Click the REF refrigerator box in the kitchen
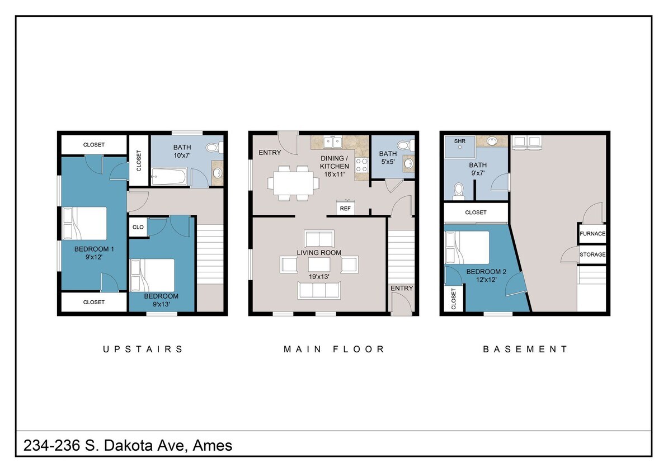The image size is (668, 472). [x=345, y=208]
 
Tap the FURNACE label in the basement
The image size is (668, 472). [x=592, y=233]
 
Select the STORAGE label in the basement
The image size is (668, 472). [x=592, y=254]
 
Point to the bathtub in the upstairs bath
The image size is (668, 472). [x=169, y=176]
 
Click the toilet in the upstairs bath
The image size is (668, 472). [x=213, y=148]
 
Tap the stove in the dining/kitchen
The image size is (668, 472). [x=361, y=165]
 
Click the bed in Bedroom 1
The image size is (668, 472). [x=85, y=223]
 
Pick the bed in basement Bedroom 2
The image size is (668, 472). [x=467, y=248]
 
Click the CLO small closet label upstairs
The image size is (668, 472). [x=138, y=227]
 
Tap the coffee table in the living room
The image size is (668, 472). [x=319, y=265]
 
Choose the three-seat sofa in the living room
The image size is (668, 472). [x=319, y=290]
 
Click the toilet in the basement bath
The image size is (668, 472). [x=459, y=191]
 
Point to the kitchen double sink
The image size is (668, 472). [x=333, y=141]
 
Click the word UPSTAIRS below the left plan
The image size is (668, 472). [x=143, y=350]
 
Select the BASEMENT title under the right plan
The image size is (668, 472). [x=525, y=350]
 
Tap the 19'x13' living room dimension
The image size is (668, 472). [x=319, y=276]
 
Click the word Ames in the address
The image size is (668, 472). [x=213, y=445]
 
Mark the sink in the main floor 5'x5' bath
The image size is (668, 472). [x=408, y=163]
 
